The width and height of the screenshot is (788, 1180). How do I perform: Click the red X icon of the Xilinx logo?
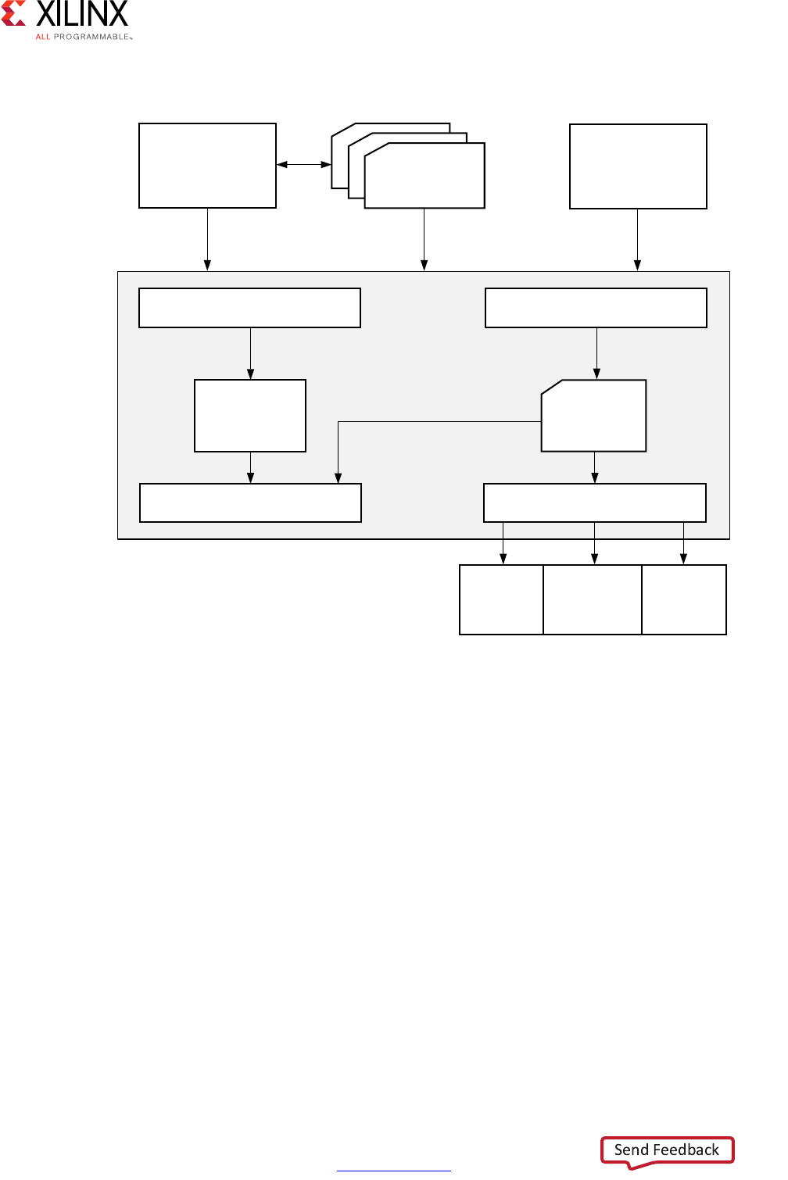coord(13,13)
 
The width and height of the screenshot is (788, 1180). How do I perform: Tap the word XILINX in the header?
coord(82,14)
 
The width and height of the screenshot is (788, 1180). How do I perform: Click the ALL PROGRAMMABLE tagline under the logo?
coord(83,37)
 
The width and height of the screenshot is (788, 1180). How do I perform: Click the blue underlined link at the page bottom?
coord(393,1170)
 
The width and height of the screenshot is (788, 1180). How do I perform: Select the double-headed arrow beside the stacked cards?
coord(304,164)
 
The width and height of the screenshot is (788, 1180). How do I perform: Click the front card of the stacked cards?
coord(424,177)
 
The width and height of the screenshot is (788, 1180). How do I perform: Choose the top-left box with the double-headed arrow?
coord(207,166)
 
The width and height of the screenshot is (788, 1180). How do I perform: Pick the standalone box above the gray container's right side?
coord(638,166)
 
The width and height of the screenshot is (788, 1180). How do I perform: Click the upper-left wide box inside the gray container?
coord(249,308)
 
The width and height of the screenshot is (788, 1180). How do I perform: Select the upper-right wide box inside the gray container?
coord(596,308)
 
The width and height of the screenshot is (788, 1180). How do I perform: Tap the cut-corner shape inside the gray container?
coord(594,417)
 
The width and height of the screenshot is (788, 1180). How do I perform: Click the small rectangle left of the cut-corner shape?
coord(250,416)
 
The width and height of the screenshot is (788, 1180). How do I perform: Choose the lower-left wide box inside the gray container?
coord(250,502)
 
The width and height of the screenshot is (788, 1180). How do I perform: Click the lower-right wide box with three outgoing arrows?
coord(595,502)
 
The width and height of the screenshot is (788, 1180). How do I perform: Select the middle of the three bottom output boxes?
coord(593,599)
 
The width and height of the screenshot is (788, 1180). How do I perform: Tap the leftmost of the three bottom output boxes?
coord(501,599)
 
